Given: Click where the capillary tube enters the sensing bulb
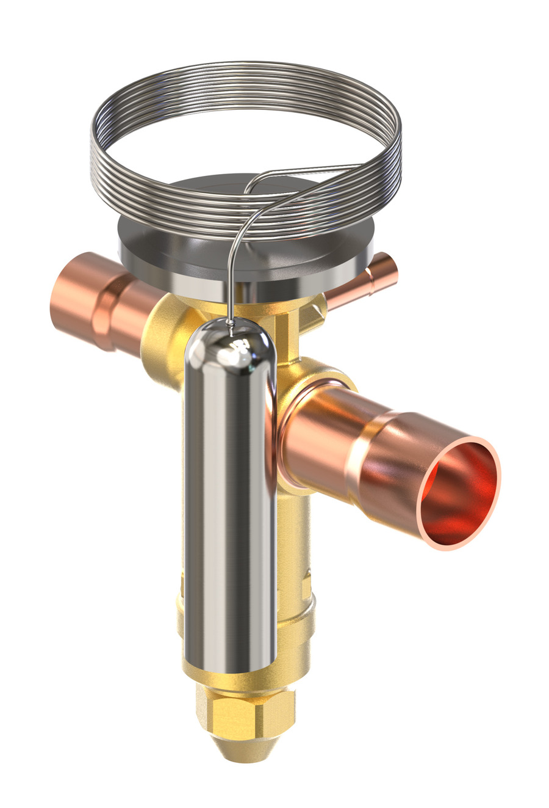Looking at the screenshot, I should coord(230,327).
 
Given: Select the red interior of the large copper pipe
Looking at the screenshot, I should coord(461,495).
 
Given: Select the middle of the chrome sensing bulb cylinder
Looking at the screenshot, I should coord(229,501).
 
